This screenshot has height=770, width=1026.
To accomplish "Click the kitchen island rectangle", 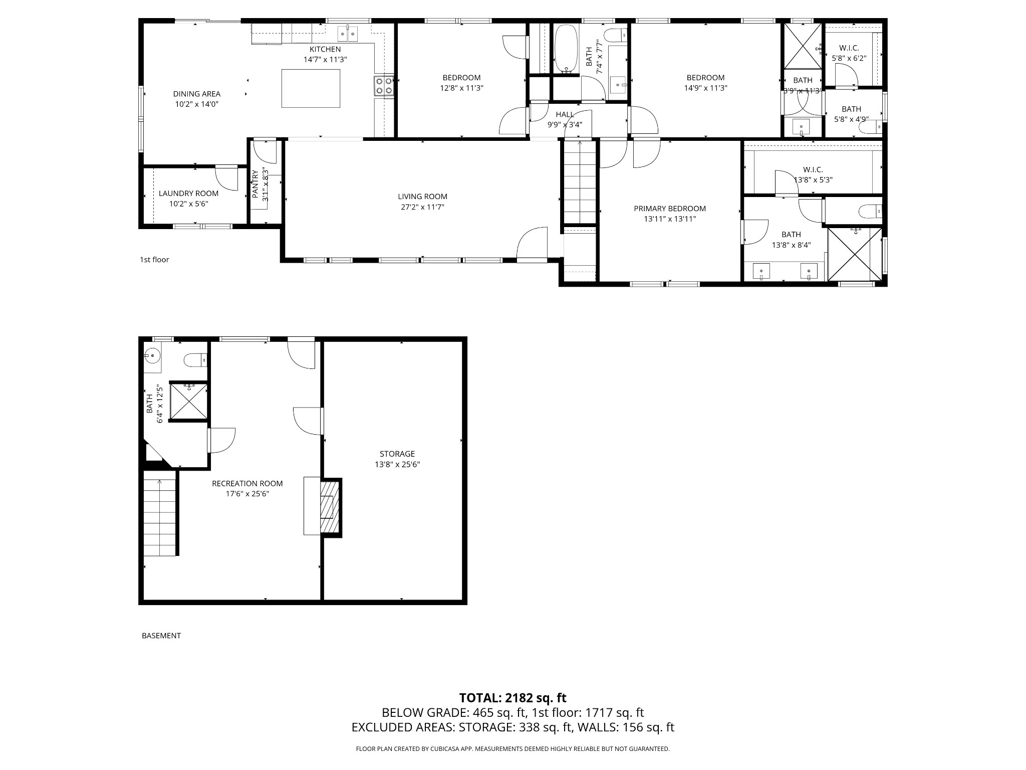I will (x=311, y=88).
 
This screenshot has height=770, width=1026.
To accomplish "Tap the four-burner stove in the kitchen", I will (x=383, y=86).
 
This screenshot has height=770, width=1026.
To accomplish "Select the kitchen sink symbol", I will (x=348, y=33).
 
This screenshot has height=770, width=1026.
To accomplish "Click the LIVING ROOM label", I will (x=422, y=197).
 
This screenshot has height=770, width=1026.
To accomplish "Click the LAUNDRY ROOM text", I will (x=188, y=194).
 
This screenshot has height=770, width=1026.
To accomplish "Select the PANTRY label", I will (x=255, y=184).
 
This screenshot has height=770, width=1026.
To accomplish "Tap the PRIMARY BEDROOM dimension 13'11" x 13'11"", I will (x=670, y=219).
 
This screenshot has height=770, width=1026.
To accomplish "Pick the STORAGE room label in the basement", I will (x=397, y=454).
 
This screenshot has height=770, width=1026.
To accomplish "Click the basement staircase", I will (x=160, y=516).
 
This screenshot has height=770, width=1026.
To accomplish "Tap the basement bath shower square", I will (x=189, y=400).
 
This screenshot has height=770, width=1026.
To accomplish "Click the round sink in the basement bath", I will (x=151, y=356).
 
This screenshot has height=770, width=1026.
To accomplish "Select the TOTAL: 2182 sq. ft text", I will (x=512, y=698).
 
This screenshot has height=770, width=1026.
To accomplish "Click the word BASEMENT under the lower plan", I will (x=161, y=636).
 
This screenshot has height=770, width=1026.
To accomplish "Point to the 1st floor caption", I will (x=154, y=260).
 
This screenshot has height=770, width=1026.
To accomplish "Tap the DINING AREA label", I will (x=196, y=94).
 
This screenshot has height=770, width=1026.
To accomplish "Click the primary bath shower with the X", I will (x=854, y=254).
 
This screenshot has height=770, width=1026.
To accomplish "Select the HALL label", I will (x=565, y=114).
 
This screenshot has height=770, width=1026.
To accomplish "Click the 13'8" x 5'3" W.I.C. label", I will (x=813, y=170).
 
